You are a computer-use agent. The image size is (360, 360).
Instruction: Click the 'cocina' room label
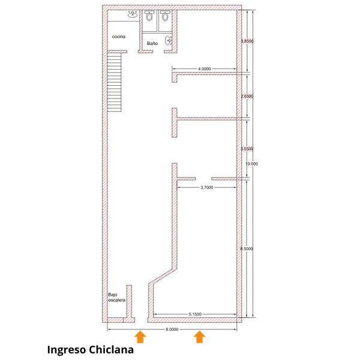(119, 37)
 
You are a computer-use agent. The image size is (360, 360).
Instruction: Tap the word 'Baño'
(152, 43)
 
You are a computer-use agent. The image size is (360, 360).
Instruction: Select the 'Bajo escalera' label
(117, 298)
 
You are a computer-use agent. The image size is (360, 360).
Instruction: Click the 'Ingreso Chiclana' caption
(90, 350)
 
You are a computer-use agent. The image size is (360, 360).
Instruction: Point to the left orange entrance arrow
(140, 337)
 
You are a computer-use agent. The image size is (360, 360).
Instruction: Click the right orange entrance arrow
(200, 337)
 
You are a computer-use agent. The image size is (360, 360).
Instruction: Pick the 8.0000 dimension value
(172, 329)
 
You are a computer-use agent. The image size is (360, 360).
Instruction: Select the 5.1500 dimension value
(195, 314)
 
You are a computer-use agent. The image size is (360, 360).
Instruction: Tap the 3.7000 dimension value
(207, 188)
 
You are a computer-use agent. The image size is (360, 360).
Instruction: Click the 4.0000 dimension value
(205, 68)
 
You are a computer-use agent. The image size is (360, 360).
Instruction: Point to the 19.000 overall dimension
(252, 164)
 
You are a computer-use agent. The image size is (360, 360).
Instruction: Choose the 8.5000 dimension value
(247, 248)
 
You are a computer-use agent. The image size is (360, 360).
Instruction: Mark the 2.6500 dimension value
(247, 96)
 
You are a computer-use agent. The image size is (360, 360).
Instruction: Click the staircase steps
(114, 82)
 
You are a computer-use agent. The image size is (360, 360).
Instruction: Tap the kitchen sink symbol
(133, 14)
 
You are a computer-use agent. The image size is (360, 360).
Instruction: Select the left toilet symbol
(149, 16)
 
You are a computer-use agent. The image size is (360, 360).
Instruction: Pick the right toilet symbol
(164, 16)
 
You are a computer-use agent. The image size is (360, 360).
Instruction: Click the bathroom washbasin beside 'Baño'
(168, 40)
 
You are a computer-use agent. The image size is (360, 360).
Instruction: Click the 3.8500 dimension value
(247, 41)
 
